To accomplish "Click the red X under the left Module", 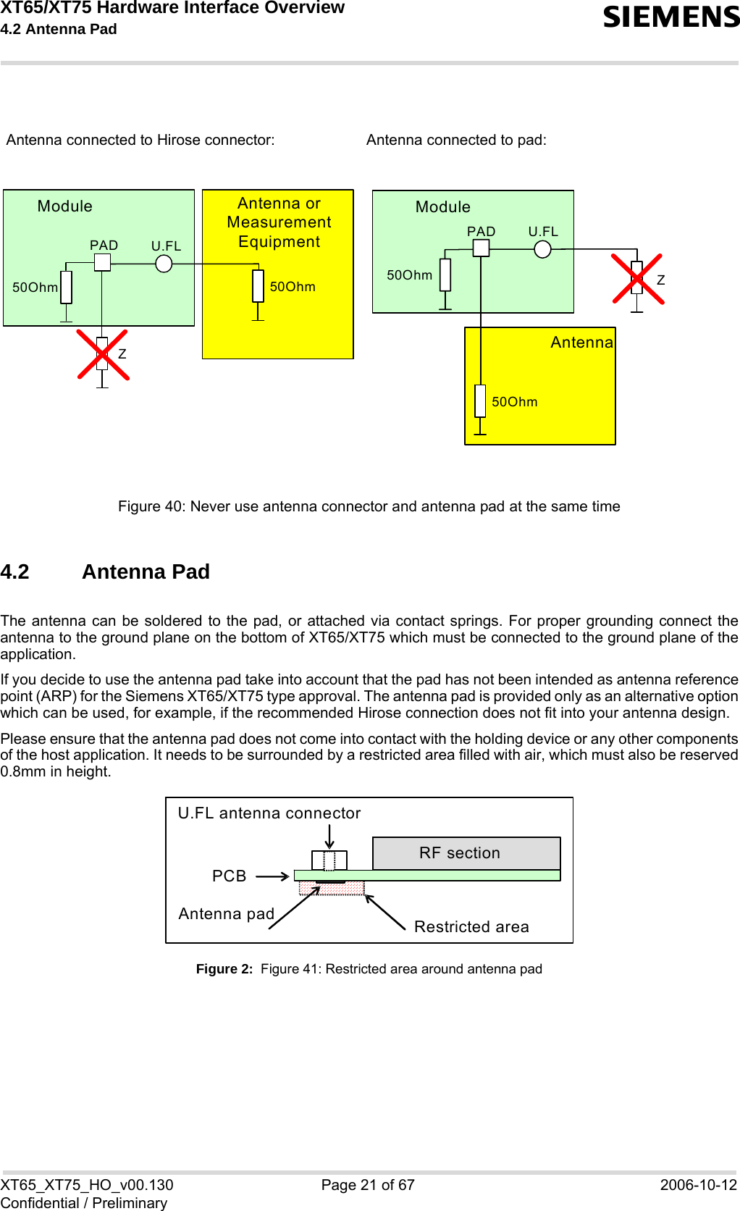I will point(103,355).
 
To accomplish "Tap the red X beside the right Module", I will point(637,278).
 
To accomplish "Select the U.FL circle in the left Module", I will point(164,264).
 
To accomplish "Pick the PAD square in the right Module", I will point(481,248).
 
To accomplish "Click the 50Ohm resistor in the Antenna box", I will point(480,401).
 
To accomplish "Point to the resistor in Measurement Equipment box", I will point(258,286).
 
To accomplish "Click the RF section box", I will point(466,853).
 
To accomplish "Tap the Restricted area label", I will point(471,927).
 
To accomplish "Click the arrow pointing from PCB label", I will point(272,876).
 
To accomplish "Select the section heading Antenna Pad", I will point(146,572).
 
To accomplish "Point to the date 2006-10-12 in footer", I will point(698,1185).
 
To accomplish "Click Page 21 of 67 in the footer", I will point(368,1185).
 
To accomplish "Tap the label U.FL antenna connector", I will point(269,813).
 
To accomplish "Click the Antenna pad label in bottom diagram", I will point(226,914).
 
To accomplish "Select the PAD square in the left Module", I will point(103,262).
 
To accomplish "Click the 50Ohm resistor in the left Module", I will point(67,288).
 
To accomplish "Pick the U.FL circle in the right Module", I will point(542,249).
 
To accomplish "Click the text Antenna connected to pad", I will point(456,141).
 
